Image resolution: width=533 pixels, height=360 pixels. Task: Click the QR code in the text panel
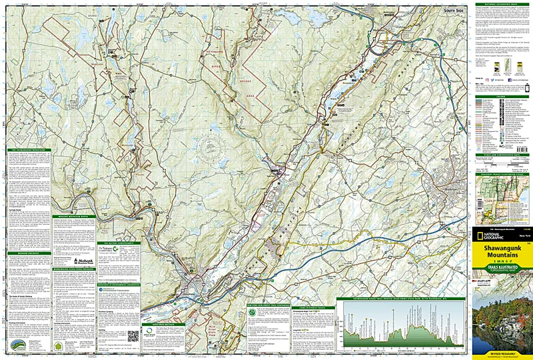pos(133,335)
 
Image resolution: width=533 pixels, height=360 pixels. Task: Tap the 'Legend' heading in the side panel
pos(501,95)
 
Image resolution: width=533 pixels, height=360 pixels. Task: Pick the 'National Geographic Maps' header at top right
pos(501,4)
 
